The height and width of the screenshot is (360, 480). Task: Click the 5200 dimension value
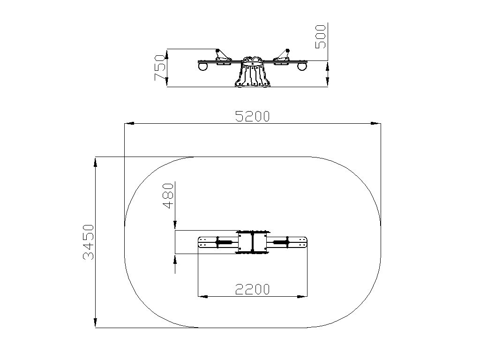pyautogui.click(x=252, y=116)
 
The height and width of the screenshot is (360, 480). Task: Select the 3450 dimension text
pyautogui.click(x=88, y=242)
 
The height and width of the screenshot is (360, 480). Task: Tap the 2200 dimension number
pyautogui.click(x=252, y=289)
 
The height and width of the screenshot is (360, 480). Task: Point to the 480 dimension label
pyautogui.click(x=168, y=196)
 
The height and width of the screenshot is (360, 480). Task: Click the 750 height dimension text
pyautogui.click(x=160, y=67)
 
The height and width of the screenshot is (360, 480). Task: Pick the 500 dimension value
pyautogui.click(x=321, y=37)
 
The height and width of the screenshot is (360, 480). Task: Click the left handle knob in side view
pyautogui.click(x=217, y=51)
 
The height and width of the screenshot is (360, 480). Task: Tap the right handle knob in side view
pyautogui.click(x=287, y=51)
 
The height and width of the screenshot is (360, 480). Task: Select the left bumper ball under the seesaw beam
pyautogui.click(x=202, y=66)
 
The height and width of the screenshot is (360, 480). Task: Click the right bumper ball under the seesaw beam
pyautogui.click(x=302, y=67)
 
